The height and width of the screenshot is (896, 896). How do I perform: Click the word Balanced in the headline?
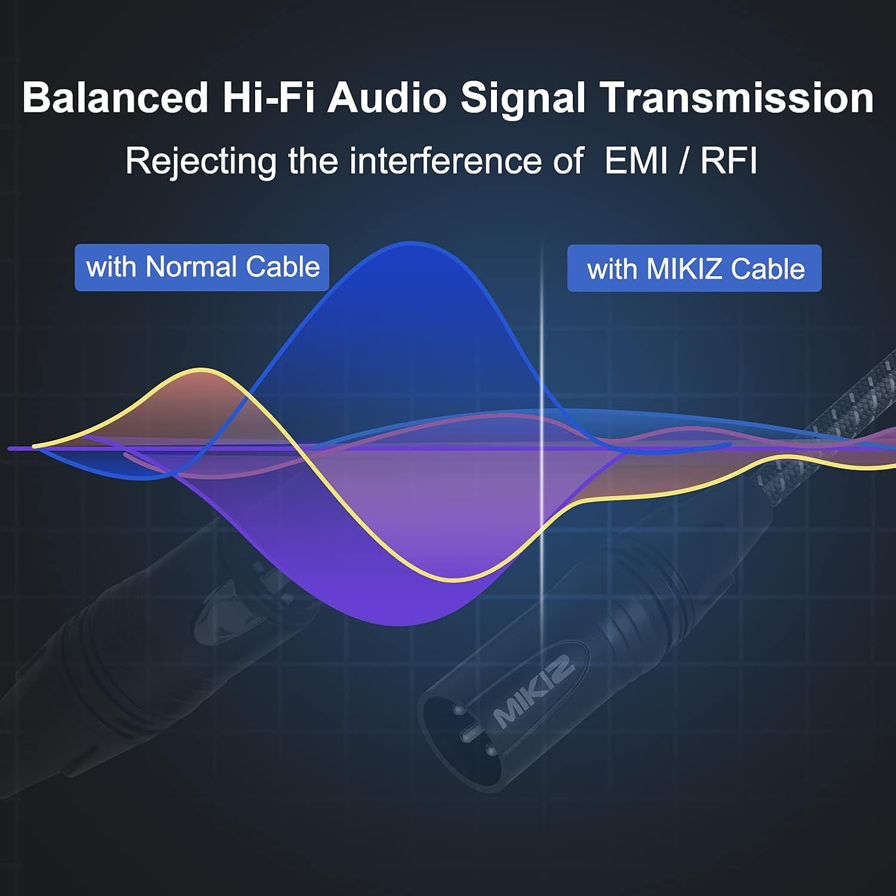115,97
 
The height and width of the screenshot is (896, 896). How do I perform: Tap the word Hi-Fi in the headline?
268,97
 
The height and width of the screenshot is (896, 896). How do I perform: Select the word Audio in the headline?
387,97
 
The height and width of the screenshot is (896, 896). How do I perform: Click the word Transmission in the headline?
737,97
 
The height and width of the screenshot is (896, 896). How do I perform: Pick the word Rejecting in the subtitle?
201,161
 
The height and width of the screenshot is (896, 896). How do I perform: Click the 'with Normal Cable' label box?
202,267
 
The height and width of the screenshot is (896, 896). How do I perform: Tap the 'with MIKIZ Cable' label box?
694,268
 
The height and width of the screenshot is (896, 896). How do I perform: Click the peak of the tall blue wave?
411,243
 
